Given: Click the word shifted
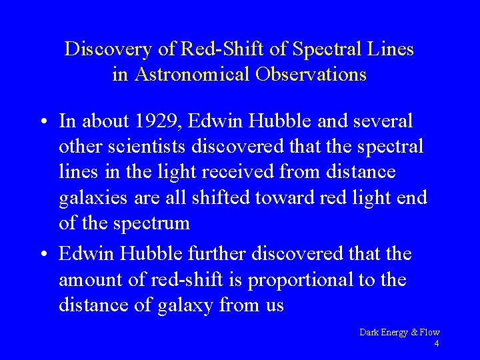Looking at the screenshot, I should click(x=222, y=197).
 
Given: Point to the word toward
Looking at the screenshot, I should click(x=284, y=197).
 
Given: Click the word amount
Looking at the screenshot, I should click(x=90, y=280).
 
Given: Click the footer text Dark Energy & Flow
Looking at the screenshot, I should click(x=399, y=332).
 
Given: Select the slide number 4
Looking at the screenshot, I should click(x=436, y=343).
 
